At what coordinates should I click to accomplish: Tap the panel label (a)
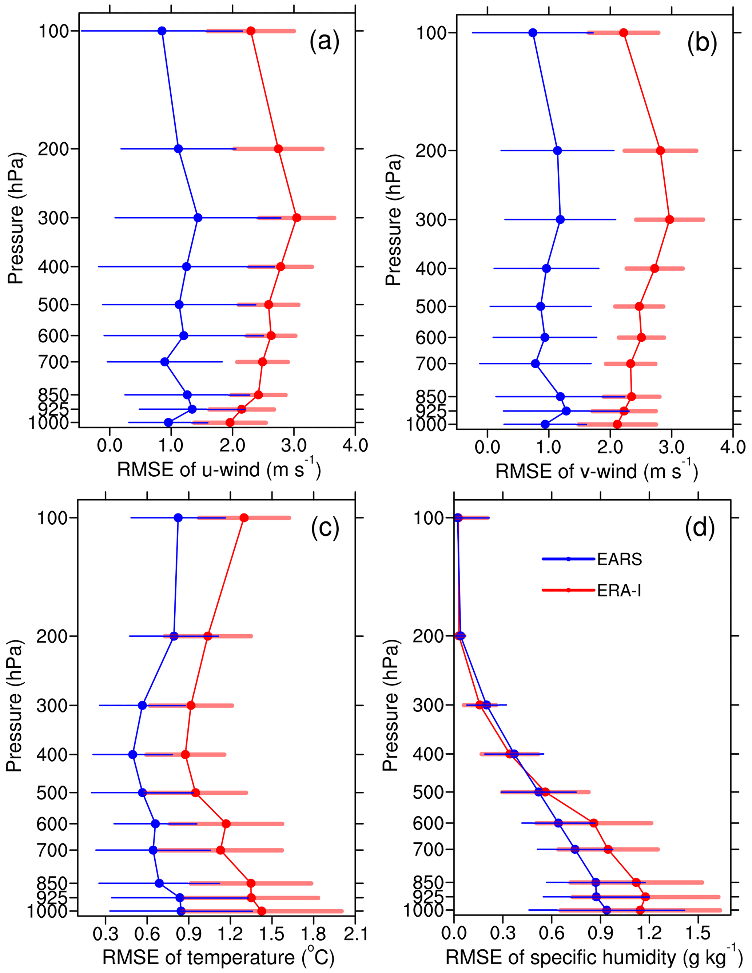tap(324, 41)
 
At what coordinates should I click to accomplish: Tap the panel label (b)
tap(702, 43)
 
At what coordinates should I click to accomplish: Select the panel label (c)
tap(325, 528)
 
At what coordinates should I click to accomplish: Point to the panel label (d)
tap(700, 528)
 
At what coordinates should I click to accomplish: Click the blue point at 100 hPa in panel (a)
tap(162, 31)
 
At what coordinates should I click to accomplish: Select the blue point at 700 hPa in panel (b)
tap(536, 364)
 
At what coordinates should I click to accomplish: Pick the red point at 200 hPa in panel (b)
tap(660, 151)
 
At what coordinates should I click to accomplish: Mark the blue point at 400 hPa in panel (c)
tap(133, 755)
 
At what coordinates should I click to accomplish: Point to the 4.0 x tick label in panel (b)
tap(732, 447)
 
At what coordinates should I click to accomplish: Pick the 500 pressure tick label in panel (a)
tap(53, 305)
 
